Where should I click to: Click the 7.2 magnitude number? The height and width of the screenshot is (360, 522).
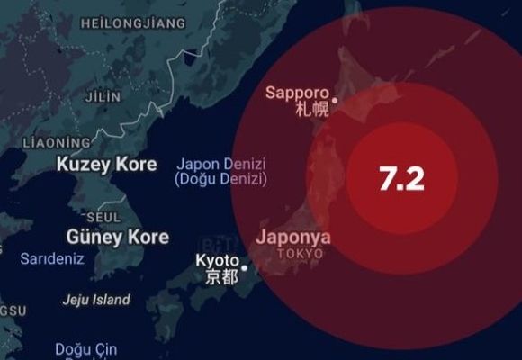[401, 178]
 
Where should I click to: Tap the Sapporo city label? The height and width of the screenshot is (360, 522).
[298, 93]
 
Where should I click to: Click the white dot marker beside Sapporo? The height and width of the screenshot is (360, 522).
[335, 100]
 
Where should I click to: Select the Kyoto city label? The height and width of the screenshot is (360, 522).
[217, 261]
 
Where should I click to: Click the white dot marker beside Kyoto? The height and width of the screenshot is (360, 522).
[243, 266]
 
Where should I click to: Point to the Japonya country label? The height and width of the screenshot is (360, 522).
[293, 238]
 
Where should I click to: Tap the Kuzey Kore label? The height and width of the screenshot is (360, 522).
[106, 165]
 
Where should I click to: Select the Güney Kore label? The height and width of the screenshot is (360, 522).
[117, 237]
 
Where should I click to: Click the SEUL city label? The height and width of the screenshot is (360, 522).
[103, 218]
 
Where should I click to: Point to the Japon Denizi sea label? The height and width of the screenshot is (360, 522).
[220, 164]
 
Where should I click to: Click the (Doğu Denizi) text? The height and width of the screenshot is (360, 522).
[220, 179]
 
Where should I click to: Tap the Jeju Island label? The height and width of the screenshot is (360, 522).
[96, 300]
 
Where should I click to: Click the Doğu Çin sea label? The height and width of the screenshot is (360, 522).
[85, 348]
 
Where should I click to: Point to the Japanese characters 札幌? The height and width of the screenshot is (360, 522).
[312, 110]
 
